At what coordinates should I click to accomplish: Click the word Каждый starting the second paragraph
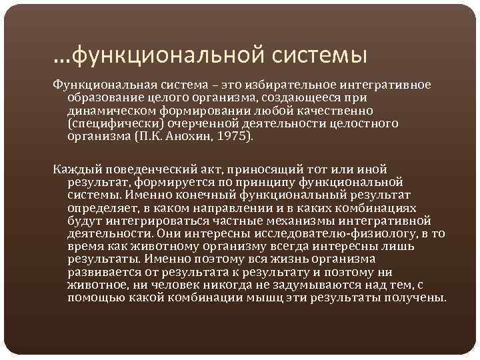click(74, 169)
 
